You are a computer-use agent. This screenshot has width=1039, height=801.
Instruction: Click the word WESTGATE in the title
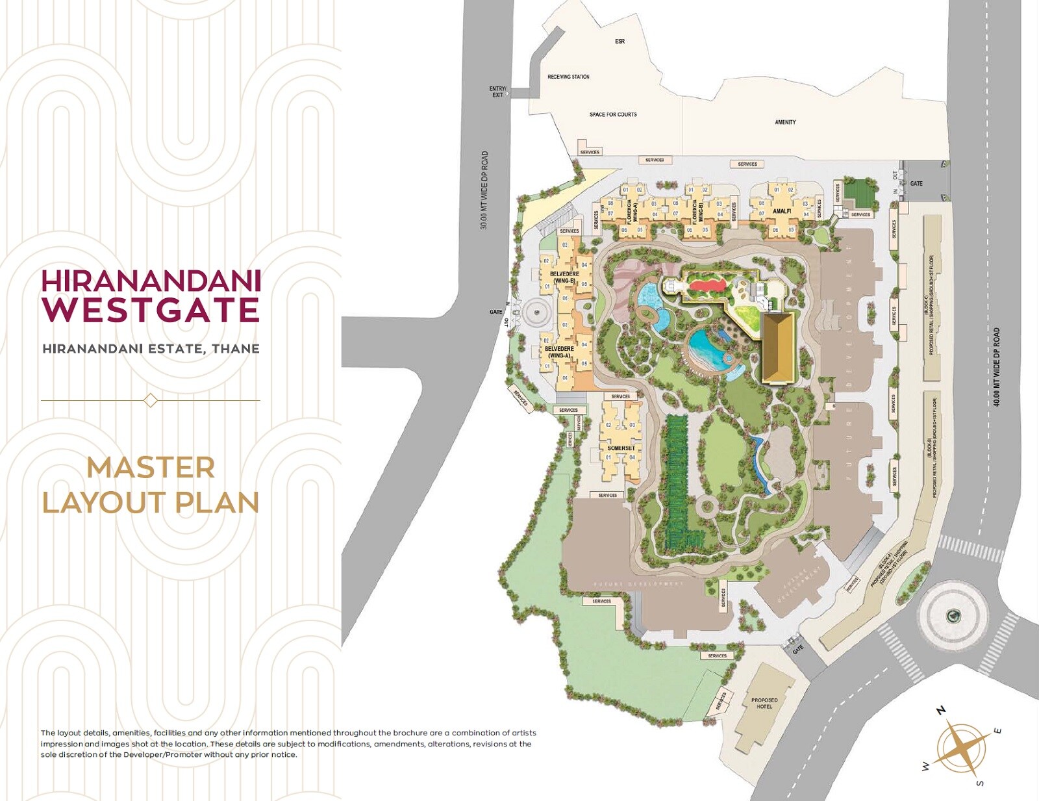151,310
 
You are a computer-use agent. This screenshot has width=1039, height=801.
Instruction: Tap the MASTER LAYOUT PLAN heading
151,485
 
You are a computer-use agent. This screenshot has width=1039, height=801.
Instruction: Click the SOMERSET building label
621,448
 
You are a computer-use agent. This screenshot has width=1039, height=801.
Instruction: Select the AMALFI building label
782,211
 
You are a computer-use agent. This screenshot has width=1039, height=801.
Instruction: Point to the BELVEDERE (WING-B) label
564,277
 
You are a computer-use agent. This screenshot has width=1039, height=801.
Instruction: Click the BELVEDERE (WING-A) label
559,352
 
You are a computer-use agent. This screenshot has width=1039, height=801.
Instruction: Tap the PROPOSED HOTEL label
764,703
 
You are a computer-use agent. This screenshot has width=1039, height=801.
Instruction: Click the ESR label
620,42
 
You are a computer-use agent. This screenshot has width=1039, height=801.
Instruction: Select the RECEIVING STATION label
568,77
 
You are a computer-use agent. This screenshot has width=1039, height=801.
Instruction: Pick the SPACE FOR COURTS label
613,114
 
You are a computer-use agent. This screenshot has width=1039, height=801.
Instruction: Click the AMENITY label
785,122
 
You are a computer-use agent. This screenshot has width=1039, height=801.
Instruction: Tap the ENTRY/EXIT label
497,92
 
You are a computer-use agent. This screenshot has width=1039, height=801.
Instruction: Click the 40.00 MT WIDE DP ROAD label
997,367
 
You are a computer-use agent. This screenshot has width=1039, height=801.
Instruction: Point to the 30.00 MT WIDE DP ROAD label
484,190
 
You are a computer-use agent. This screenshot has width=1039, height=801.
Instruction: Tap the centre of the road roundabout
953,615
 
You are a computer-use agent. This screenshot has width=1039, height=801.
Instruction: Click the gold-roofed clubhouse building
777,348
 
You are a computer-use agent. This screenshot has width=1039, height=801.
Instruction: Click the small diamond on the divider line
150,400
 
